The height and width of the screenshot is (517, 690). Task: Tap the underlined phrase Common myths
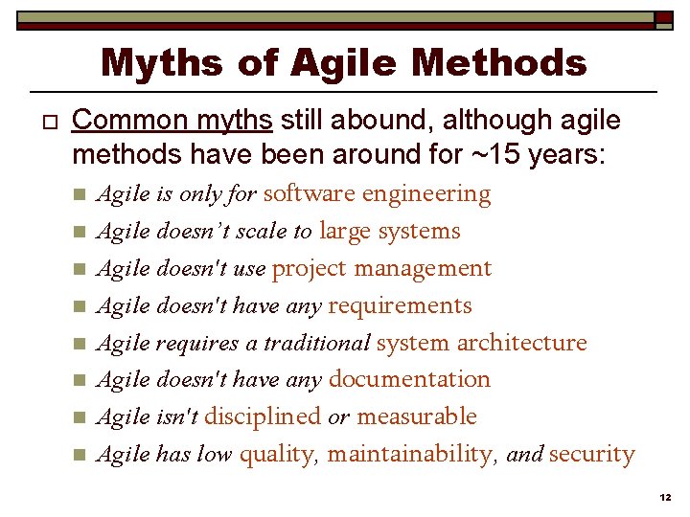173,121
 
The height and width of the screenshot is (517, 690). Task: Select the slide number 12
665,499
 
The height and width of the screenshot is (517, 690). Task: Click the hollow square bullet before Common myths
38,123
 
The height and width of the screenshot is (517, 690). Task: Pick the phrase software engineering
377,193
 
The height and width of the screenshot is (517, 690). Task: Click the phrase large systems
389,231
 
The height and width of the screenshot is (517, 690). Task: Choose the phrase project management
381,268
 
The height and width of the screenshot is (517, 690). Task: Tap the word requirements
400,305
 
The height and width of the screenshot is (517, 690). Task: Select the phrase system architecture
481,343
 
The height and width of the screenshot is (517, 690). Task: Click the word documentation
409,379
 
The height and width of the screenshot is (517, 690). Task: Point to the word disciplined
262,416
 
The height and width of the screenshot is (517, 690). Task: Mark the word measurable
416,416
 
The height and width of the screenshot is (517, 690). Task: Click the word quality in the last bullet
277,454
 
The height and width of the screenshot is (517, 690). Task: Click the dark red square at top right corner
664,17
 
